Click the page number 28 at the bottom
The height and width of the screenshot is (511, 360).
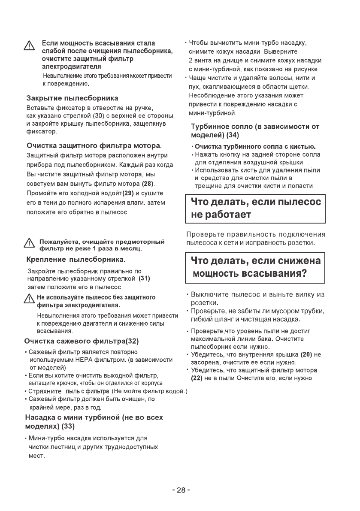tap(181, 490)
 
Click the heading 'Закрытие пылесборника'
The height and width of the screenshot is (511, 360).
tap(73, 98)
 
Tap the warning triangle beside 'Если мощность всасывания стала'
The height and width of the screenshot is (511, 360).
tap(30, 45)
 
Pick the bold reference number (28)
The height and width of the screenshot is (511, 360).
tap(148, 184)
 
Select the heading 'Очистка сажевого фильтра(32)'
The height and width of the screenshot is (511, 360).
tap(82, 342)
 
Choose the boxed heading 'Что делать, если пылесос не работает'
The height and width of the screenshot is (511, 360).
tap(255, 208)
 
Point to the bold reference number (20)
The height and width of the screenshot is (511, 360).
tap(306, 354)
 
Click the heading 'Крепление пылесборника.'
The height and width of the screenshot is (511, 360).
tap(76, 260)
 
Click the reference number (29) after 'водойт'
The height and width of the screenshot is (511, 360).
tap(128, 193)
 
